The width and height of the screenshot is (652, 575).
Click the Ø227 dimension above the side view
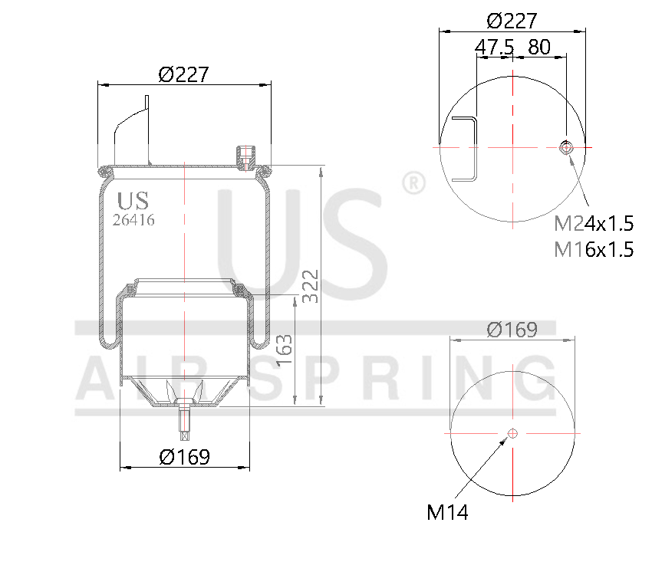click(x=184, y=74)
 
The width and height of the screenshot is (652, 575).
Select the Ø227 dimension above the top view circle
click(x=512, y=21)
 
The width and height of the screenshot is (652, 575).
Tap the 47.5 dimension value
click(x=495, y=47)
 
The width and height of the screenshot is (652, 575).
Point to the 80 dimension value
click(x=538, y=47)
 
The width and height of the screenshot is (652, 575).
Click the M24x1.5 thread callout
click(x=594, y=224)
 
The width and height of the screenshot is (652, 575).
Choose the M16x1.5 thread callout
click(x=594, y=249)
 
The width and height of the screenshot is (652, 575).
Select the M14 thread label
click(x=447, y=512)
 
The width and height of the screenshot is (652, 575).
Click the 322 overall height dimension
click(x=311, y=286)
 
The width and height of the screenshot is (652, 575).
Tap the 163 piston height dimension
click(x=284, y=350)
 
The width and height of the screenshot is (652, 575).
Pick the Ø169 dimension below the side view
click(x=184, y=457)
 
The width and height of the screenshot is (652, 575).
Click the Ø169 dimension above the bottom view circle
click(x=512, y=330)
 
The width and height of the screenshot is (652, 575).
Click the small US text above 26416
click(x=132, y=201)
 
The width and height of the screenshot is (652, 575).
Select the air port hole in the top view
click(x=566, y=147)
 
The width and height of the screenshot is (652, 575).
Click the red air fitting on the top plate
click(x=245, y=156)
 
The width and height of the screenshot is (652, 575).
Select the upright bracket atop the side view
click(x=135, y=130)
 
